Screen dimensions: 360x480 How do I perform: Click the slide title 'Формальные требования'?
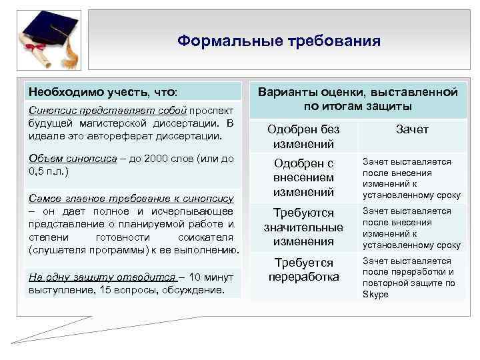(x=279, y=41)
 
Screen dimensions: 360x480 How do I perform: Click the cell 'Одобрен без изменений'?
(x=303, y=136)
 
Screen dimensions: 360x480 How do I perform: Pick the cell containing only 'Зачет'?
(x=412, y=129)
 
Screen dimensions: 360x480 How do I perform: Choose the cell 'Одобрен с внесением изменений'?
(x=303, y=177)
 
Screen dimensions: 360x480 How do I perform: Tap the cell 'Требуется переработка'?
(x=303, y=269)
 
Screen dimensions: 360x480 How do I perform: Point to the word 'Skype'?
(x=375, y=293)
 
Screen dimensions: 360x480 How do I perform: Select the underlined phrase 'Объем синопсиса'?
(x=68, y=159)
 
